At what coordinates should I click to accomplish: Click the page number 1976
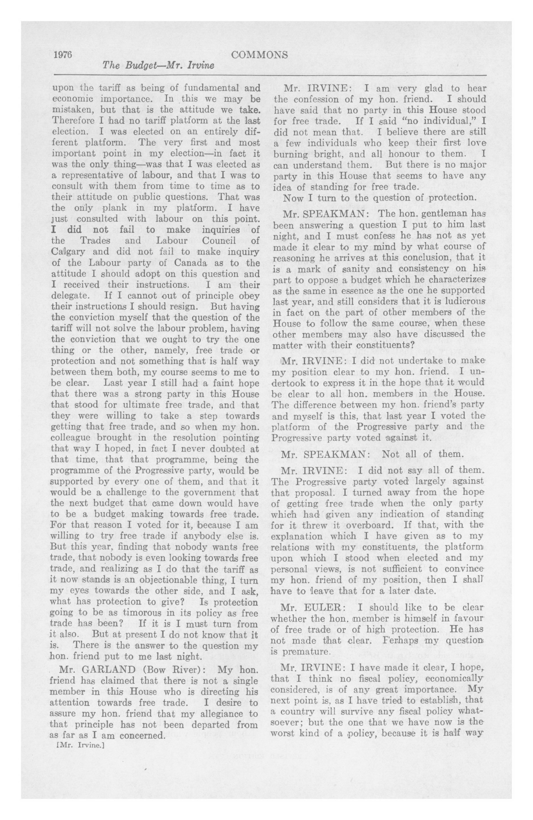coord(63,55)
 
